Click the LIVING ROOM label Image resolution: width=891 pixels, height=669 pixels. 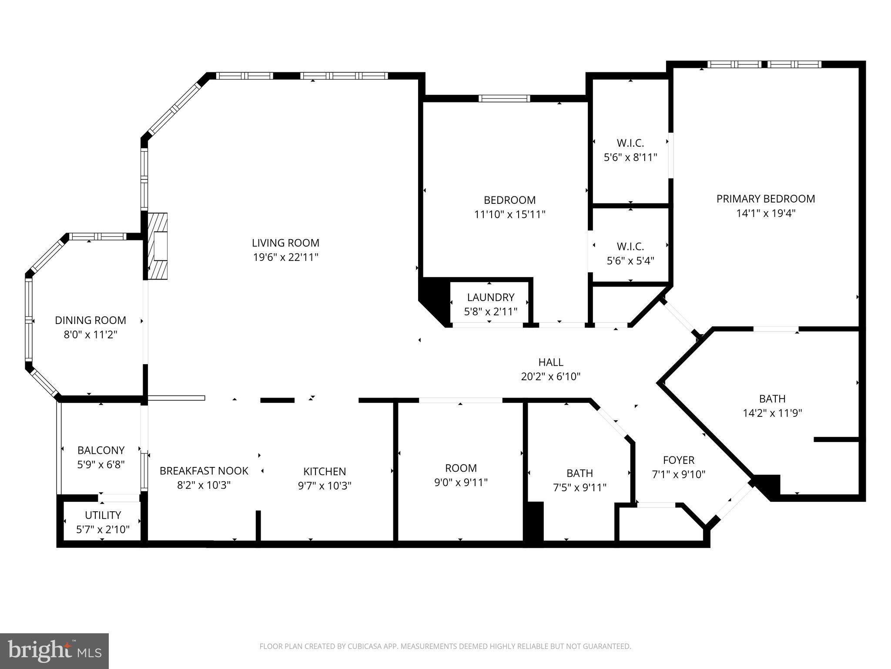[x=285, y=243]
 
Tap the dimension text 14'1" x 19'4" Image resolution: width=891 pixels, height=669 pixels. [x=766, y=213]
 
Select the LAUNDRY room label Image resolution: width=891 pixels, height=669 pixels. [x=490, y=297]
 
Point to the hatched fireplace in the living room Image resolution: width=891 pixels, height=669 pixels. [x=157, y=246]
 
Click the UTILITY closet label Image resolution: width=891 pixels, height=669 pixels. [x=103, y=515]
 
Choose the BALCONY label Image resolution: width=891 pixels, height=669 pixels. [x=101, y=450]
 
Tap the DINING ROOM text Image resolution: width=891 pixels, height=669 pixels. [x=90, y=321]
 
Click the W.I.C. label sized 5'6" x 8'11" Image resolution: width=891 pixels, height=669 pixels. [x=630, y=143]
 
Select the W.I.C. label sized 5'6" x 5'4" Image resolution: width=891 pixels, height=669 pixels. [x=630, y=247]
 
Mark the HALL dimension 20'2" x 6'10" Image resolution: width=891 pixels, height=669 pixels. [x=551, y=377]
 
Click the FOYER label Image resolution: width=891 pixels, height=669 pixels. [x=678, y=460]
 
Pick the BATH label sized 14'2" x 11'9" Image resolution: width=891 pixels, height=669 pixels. [x=772, y=399]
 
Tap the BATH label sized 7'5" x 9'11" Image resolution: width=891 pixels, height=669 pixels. [x=579, y=473]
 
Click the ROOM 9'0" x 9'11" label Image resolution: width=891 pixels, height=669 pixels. [x=461, y=468]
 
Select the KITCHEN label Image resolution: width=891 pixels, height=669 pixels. [x=325, y=471]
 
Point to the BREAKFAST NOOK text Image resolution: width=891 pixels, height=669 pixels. [x=204, y=471]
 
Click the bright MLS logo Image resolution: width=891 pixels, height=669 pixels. [x=54, y=651]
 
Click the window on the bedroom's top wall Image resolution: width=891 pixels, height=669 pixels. [x=504, y=98]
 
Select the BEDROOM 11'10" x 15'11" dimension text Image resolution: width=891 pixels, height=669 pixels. [x=509, y=215]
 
